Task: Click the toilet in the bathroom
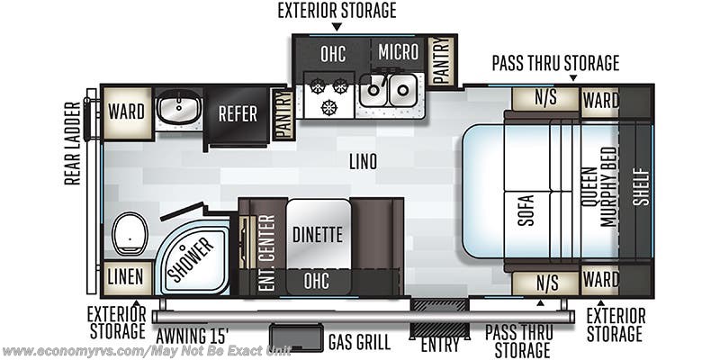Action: point(130,235)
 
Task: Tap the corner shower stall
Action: point(191,256)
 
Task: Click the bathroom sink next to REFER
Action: point(178,110)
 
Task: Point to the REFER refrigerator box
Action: point(238,114)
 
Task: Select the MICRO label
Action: point(398,52)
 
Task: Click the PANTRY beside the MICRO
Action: point(440,61)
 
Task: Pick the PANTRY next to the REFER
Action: point(283,113)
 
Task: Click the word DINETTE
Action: point(318,235)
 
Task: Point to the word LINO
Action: point(364,163)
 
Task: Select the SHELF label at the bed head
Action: point(640,187)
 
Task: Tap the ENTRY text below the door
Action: point(440,344)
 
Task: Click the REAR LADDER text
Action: point(72,143)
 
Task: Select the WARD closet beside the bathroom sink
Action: point(127,112)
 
